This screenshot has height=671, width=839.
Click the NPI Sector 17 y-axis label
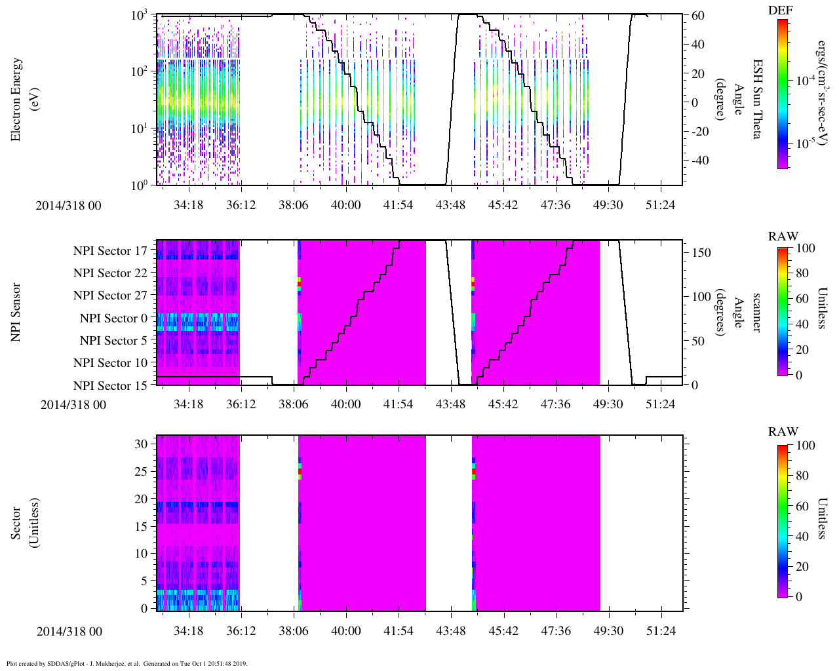tap(110, 251)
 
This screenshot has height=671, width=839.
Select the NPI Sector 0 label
tap(114, 318)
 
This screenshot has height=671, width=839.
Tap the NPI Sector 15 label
tap(110, 385)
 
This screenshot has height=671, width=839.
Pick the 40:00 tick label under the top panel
tap(345, 205)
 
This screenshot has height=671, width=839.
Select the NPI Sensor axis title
tap(16, 312)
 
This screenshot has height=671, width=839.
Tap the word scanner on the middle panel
tap(756, 312)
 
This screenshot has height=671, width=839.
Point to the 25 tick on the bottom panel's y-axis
tap(142, 471)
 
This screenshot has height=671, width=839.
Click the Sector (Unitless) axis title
tap(23, 523)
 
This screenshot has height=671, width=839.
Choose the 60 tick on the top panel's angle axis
tap(697, 16)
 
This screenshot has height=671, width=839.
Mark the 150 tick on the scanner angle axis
tap(701, 253)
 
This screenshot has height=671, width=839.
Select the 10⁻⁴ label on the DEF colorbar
tap(804, 81)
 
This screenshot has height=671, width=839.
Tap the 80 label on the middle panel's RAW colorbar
tap(801, 273)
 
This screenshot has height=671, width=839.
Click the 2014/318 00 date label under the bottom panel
tap(69, 632)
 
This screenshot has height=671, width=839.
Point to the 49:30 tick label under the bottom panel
tap(608, 631)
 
